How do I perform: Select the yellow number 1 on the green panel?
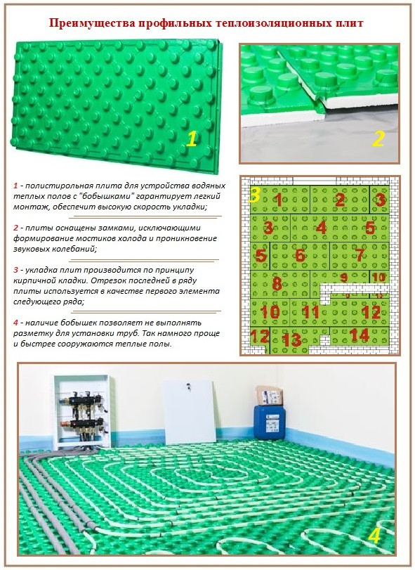pyautogui.click(x=191, y=139)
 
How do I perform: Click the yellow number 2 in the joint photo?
pyautogui.click(x=378, y=138)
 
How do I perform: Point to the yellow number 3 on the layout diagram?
pyautogui.click(x=254, y=195)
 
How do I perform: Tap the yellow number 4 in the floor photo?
pyautogui.click(x=374, y=536)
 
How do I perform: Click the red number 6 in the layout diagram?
pyautogui.click(x=300, y=255)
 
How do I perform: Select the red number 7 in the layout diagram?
pyautogui.click(x=360, y=254)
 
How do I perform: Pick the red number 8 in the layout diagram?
pyautogui.click(x=277, y=283)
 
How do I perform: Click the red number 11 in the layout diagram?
pyautogui.click(x=311, y=312)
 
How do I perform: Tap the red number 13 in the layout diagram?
pyautogui.click(x=291, y=340)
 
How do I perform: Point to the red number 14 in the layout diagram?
pyautogui.click(x=360, y=335)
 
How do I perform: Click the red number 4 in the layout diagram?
pyautogui.click(x=322, y=228)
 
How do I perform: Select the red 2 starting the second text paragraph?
pyautogui.click(x=15, y=228)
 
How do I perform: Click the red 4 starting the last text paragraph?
pyautogui.click(x=15, y=323)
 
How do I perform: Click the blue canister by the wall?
pyautogui.click(x=270, y=422)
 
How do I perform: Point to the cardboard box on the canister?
pyautogui.click(x=269, y=396)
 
